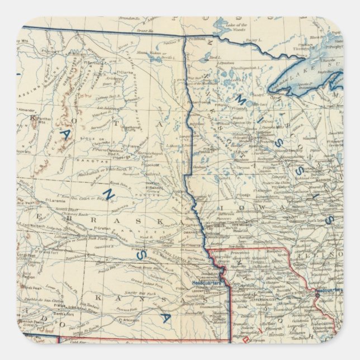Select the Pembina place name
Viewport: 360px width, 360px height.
[x=197, y=39]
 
